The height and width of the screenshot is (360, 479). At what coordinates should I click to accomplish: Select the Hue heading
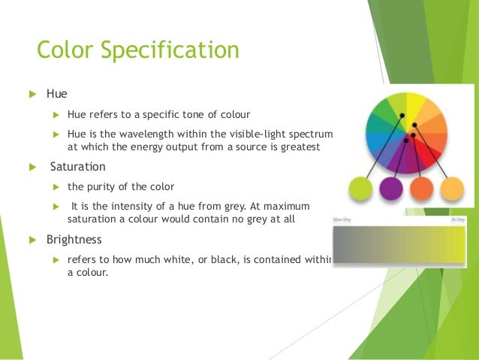click(x=57, y=94)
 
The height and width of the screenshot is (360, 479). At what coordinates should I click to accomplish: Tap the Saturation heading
click(x=78, y=167)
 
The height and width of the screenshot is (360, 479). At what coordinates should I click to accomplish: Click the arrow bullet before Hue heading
click(x=32, y=95)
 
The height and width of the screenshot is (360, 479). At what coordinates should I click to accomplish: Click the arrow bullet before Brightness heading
click(x=32, y=240)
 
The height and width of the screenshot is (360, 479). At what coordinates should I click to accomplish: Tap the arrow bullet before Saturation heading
click(x=32, y=167)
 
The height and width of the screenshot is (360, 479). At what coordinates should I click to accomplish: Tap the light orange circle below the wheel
click(x=453, y=189)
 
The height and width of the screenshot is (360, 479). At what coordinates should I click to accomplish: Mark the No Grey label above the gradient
click(x=456, y=219)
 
